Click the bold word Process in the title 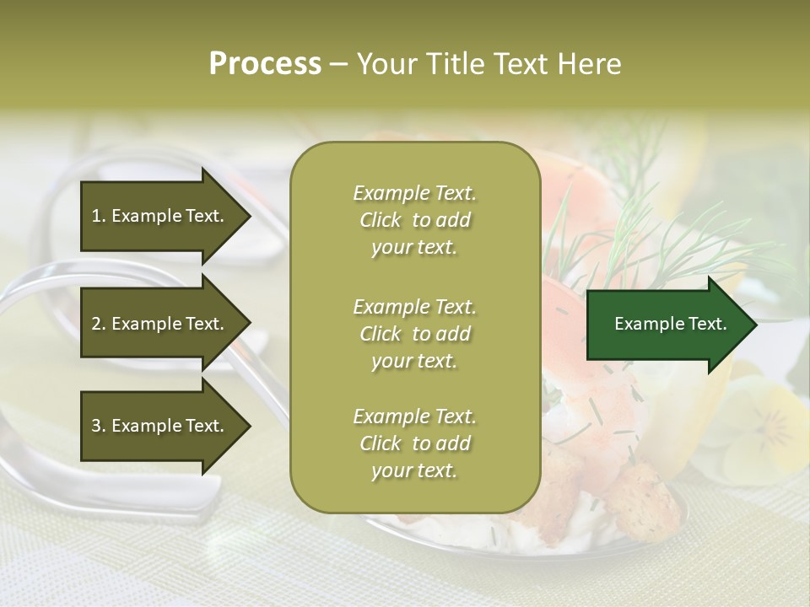[x=265, y=64]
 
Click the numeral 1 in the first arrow [x=95, y=216]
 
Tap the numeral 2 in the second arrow [x=96, y=324]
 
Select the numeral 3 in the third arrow [x=96, y=426]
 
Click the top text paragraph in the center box [x=414, y=220]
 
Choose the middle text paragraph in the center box [x=414, y=333]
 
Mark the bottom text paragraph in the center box [x=414, y=443]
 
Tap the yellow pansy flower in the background [x=759, y=422]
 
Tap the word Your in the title [x=385, y=64]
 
